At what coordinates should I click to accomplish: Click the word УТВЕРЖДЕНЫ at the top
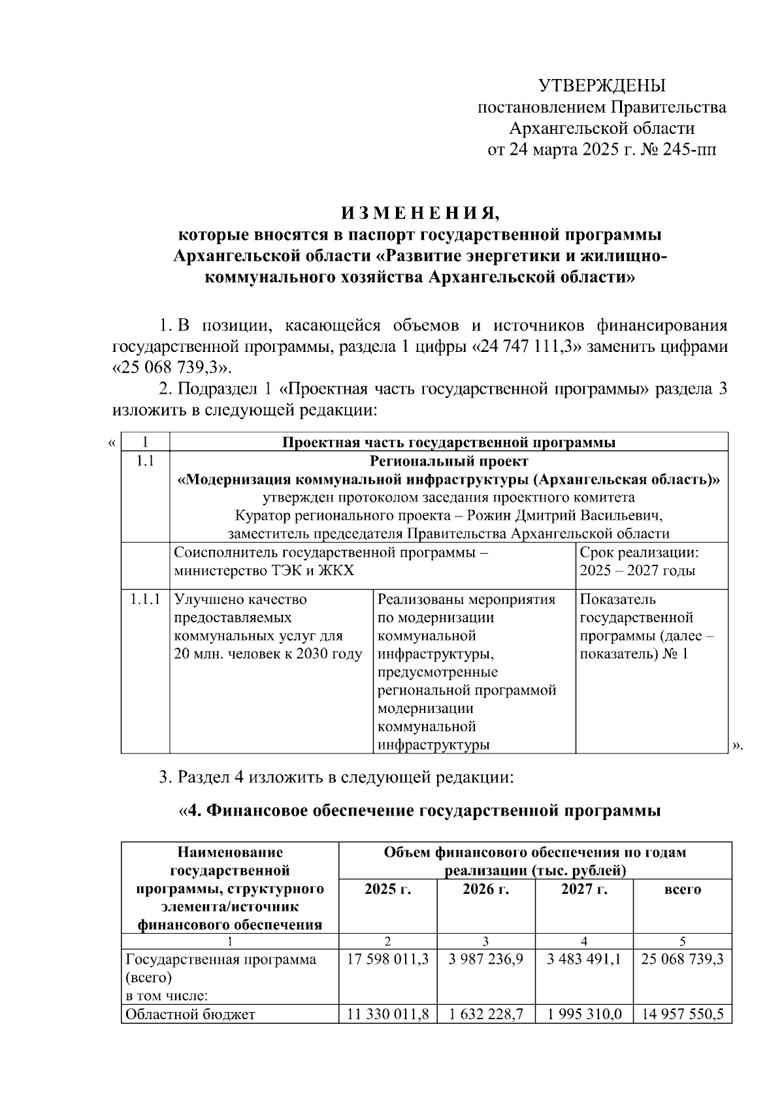(x=601, y=86)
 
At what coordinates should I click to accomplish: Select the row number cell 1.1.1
(x=145, y=599)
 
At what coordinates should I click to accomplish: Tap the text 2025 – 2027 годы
(x=637, y=571)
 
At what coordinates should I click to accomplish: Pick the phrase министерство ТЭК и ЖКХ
(x=264, y=571)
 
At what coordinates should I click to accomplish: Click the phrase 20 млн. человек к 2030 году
(x=268, y=654)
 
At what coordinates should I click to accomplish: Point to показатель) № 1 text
(x=634, y=654)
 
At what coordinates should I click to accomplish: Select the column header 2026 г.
(x=485, y=889)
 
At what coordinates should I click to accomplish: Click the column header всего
(x=682, y=889)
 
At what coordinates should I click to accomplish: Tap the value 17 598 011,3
(x=388, y=960)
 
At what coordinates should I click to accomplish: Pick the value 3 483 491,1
(x=583, y=960)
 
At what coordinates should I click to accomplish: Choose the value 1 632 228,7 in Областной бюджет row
(x=485, y=1014)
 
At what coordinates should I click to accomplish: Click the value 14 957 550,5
(x=682, y=1014)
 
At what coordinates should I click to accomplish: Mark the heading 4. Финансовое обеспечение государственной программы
(x=419, y=811)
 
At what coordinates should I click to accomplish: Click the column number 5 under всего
(x=682, y=941)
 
